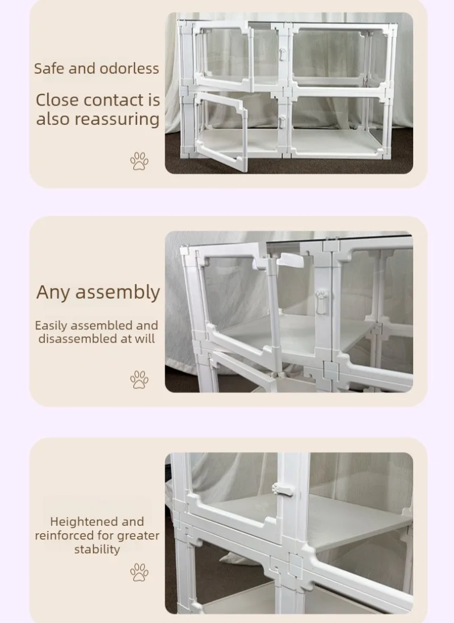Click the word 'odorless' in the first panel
point(129,68)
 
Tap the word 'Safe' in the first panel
point(49,68)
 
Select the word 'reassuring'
point(117,119)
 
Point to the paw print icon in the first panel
point(139,161)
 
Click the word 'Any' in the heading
point(53,292)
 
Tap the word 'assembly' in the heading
point(117,292)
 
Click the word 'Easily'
point(51,326)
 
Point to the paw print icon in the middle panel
point(139,379)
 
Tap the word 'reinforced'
point(61,536)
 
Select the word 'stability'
point(97,550)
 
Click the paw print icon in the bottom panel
point(139,572)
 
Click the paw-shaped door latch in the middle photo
point(322,302)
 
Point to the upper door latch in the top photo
point(281,55)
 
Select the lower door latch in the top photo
point(281,122)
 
